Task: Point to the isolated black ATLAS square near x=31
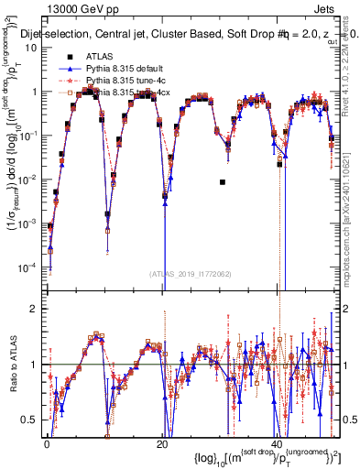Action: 223,182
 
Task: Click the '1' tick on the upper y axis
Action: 35,92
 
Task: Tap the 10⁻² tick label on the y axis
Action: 28,179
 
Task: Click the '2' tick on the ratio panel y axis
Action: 35,309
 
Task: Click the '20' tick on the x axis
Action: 161,444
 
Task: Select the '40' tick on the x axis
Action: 278,444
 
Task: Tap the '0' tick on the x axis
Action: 46,444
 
